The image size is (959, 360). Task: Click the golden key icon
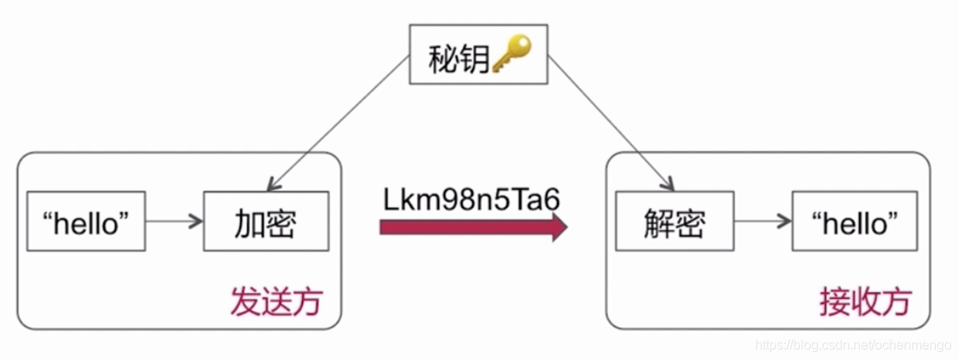pyautogui.click(x=512, y=56)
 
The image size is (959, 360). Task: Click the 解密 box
pyautogui.click(x=674, y=221)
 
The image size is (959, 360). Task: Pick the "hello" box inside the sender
pyautogui.click(x=86, y=221)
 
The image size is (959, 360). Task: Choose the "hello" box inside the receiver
pyautogui.click(x=853, y=221)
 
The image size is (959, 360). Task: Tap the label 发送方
pyautogui.click(x=275, y=301)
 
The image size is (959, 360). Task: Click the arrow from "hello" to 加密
pyautogui.click(x=174, y=221)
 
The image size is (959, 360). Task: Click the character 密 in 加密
pyautogui.click(x=281, y=221)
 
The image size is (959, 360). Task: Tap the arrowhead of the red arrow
pyautogui.click(x=560, y=226)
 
